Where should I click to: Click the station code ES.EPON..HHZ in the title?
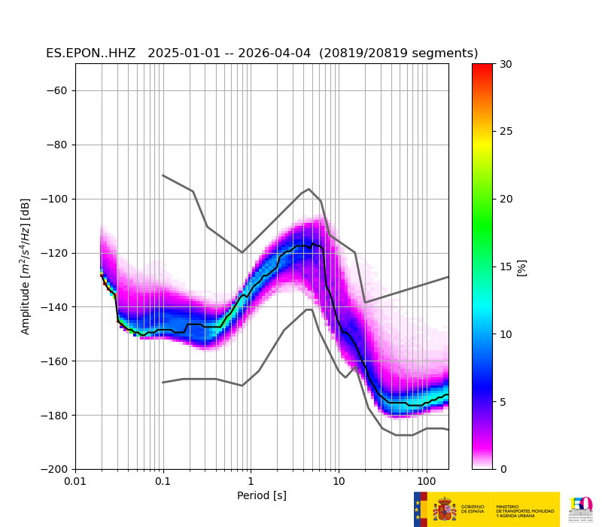(90, 53)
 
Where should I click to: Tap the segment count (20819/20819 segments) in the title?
(399, 53)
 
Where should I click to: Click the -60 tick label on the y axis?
(58, 91)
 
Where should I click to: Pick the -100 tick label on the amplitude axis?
(55, 200)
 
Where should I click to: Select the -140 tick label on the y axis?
(55, 307)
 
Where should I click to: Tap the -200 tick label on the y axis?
(55, 469)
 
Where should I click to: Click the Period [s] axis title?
(262, 495)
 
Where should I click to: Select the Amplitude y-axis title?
(26, 267)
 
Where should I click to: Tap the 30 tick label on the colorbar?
(506, 65)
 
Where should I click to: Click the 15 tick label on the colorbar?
(506, 267)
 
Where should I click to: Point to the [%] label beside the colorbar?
(521, 267)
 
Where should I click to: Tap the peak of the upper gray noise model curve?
(309, 189)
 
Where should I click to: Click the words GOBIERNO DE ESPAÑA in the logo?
(473, 510)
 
